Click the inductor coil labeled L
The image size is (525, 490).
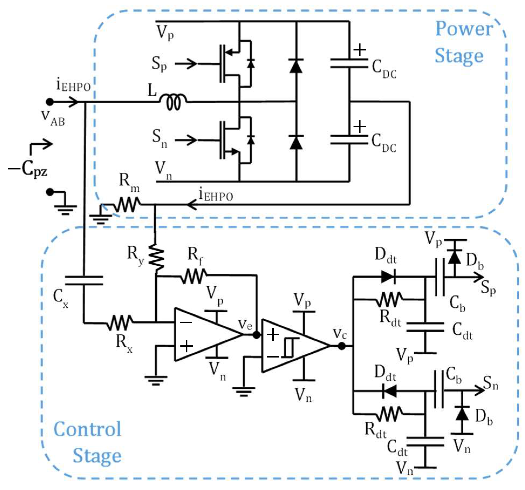coord(173,102)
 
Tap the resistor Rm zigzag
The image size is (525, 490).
coord(126,205)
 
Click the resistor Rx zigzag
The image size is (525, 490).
coord(120,322)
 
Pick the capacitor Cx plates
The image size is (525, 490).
coord(84,280)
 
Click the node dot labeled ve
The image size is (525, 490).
coord(256,335)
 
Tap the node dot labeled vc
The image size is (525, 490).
coord(341,346)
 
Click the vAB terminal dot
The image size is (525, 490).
coord(50,102)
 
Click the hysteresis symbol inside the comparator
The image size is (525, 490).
coord(290,348)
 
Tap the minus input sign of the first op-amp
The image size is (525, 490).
coord(186,322)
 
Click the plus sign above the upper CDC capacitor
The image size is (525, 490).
coord(359,50)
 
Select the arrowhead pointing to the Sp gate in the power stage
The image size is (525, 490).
coord(192,64)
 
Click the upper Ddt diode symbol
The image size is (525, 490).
coord(389,277)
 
